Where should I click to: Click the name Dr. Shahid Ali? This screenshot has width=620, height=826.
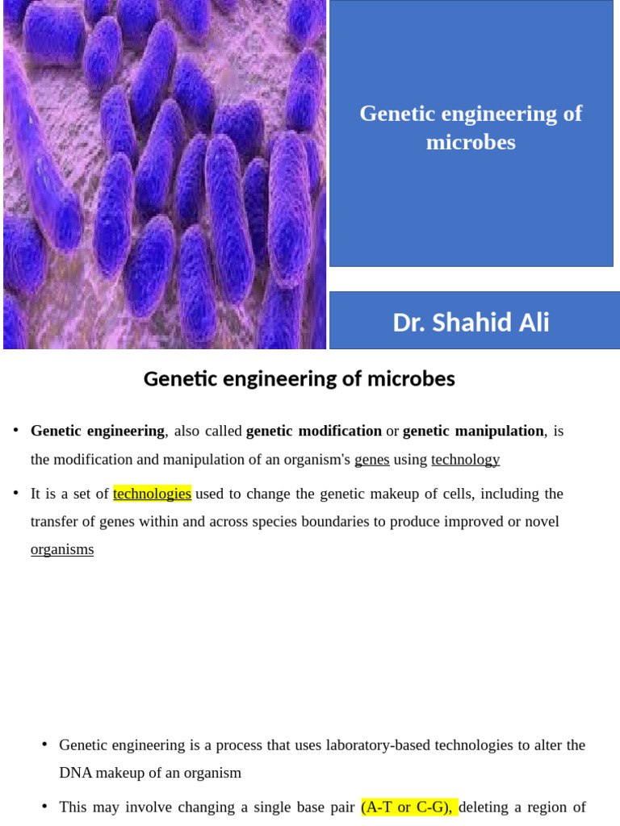(471, 323)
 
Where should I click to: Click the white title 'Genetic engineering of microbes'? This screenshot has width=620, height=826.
(471, 127)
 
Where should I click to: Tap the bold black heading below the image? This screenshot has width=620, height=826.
(299, 378)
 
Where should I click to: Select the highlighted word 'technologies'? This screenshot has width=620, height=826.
(152, 494)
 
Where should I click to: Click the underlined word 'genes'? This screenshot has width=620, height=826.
(371, 459)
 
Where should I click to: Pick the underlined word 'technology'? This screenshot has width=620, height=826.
(465, 459)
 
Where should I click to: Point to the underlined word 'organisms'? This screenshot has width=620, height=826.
(62, 549)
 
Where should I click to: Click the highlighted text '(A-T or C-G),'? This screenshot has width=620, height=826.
(408, 807)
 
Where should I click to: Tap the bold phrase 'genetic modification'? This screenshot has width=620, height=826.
(313, 431)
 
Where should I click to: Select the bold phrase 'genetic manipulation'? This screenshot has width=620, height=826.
(473, 431)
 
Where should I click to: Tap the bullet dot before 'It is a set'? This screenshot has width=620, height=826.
(16, 493)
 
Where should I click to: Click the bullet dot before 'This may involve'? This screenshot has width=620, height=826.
(44, 806)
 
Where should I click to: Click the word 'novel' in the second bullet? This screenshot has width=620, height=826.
(542, 522)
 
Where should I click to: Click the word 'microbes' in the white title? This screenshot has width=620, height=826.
(471, 142)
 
